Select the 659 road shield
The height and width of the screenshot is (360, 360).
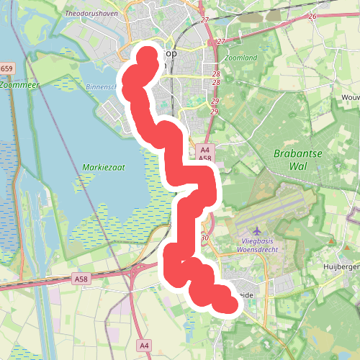point(6,68)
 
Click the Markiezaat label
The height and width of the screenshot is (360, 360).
point(104,167)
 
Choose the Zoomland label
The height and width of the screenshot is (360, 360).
point(240,57)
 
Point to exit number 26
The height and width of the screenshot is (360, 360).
point(312,16)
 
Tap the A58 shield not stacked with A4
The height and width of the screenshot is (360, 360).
point(81,277)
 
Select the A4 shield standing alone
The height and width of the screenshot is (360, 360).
point(144,346)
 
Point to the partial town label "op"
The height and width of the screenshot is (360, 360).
point(169,54)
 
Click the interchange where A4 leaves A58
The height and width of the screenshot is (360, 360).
point(134,270)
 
